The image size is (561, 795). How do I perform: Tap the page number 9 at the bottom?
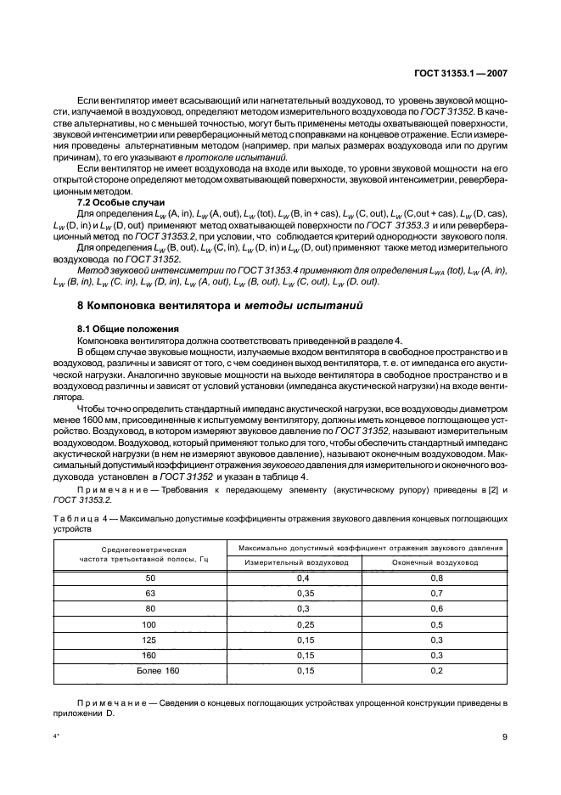pos(504,737)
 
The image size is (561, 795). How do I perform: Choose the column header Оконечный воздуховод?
pos(435,562)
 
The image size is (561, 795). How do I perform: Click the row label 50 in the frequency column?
pos(140,578)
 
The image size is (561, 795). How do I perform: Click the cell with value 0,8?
pos(435,578)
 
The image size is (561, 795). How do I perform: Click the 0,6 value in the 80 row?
pos(435,610)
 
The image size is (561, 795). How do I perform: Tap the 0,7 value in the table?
pos(435,594)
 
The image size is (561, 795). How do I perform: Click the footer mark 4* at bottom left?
pos(57,737)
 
